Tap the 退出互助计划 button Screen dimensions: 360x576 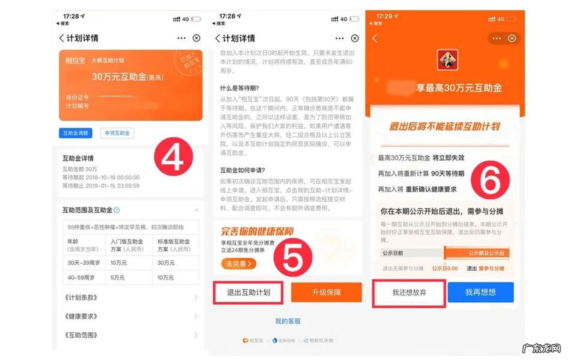click(248, 292)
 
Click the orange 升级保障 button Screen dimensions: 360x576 click(326, 292)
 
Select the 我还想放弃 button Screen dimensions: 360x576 click(409, 293)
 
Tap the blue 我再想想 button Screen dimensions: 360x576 click(480, 292)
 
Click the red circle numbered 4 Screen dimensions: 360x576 click(174, 156)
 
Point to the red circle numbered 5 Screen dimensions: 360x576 click(293, 256)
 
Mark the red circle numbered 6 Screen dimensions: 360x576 click(490, 180)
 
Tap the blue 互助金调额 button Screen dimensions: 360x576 click(76, 133)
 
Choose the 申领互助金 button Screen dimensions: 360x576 click(117, 133)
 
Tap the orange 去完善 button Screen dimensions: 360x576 click(238, 264)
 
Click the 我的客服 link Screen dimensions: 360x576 click(288, 321)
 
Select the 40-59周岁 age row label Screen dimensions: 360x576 click(81, 278)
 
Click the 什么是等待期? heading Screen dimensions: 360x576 click(240, 88)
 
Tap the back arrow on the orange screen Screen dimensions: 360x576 click(375, 38)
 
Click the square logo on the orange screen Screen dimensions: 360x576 click(448, 60)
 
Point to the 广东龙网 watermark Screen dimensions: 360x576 click(542, 348)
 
